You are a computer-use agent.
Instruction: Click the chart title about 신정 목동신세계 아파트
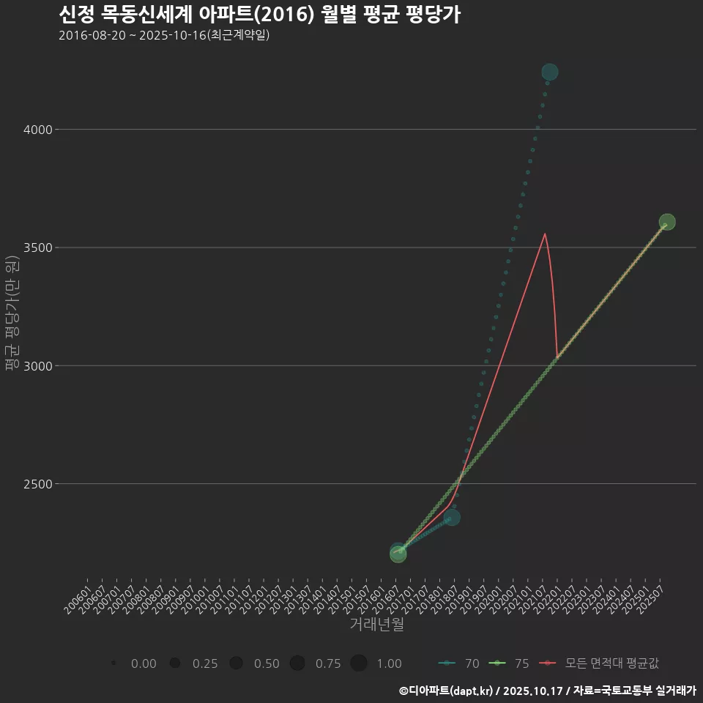click(x=259, y=15)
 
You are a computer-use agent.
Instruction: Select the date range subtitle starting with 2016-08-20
click(x=164, y=35)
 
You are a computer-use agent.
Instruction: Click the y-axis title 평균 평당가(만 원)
click(x=12, y=315)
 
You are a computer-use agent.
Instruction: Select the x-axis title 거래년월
click(x=376, y=625)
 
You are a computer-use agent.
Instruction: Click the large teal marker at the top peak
click(x=550, y=72)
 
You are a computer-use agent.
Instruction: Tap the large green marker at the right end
click(x=667, y=222)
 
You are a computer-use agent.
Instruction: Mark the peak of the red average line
click(x=545, y=234)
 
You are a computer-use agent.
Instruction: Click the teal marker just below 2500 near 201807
click(x=452, y=518)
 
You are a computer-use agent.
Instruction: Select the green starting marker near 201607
click(x=398, y=554)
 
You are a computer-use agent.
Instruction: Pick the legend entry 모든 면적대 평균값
click(x=600, y=663)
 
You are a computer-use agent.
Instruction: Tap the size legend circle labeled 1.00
click(x=358, y=663)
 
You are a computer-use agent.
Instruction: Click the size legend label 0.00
click(x=144, y=663)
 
